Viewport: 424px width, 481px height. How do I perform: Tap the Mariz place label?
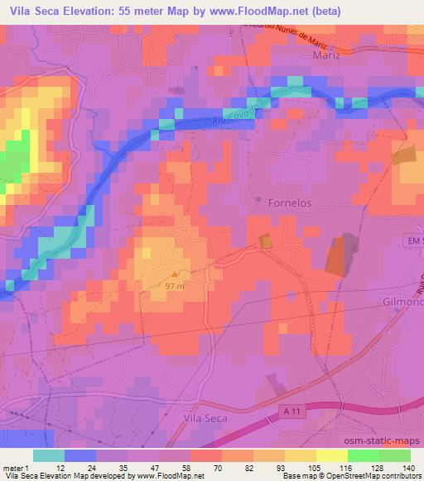click(327, 55)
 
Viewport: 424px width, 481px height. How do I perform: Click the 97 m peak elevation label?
click(175, 285)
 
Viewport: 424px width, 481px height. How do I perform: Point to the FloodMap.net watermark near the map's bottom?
click(176, 430)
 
